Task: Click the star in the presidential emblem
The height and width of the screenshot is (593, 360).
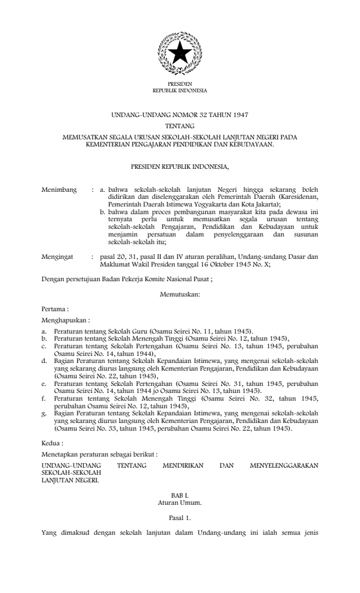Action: (179, 54)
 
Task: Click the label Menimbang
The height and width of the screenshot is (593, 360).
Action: (59, 190)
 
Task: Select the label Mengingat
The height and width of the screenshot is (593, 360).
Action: (58, 257)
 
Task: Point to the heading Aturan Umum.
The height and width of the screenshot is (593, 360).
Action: (179, 504)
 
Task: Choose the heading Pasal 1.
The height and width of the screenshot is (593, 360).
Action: (179, 518)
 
